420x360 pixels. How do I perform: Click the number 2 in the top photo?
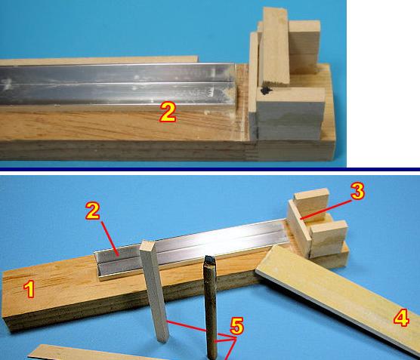(168, 112)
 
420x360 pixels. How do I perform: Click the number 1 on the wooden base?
(29, 289)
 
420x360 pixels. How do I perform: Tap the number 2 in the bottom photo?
(93, 211)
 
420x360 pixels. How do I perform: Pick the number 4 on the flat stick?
(401, 318)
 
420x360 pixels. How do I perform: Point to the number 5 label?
(236, 326)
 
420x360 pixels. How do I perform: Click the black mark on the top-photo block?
(266, 91)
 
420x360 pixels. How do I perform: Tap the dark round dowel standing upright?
(211, 308)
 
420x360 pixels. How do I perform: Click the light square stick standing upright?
(155, 291)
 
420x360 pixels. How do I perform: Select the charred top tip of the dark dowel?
(209, 260)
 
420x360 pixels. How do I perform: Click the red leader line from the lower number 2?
(110, 238)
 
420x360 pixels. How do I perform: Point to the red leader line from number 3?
(326, 210)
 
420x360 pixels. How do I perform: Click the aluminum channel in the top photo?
(118, 85)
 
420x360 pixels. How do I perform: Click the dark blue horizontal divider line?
(210, 169)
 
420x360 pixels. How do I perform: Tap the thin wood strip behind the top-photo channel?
(98, 60)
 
